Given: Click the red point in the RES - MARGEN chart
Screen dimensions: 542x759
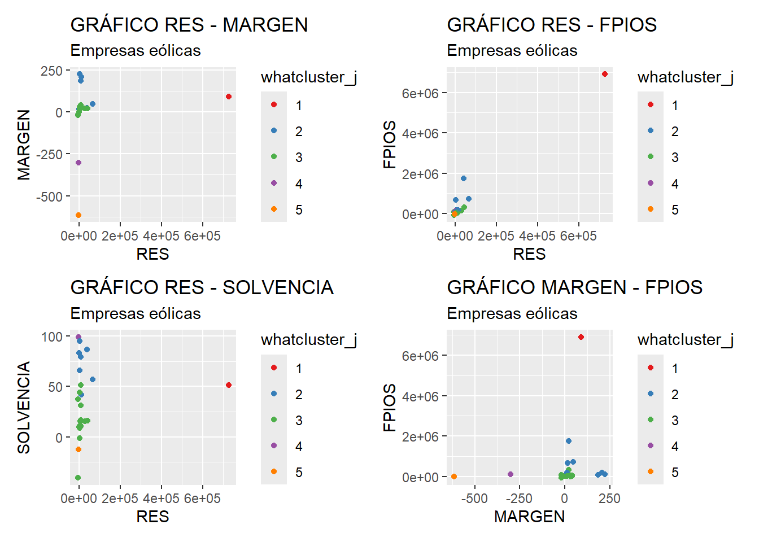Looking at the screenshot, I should pos(229,97).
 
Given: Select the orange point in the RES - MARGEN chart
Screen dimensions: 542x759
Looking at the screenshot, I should pos(78,215).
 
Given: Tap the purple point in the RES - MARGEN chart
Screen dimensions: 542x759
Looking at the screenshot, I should pos(78,163).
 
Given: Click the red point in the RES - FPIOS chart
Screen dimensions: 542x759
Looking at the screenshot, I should pos(605,74).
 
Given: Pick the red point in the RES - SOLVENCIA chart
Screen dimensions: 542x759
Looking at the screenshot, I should pos(229,385).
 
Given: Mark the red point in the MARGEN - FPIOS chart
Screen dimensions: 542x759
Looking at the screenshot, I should pos(581,337).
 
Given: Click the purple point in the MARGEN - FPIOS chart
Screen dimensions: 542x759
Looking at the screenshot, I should pos(511,474).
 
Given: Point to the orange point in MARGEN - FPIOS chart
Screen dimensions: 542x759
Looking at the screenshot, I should pos(454,477).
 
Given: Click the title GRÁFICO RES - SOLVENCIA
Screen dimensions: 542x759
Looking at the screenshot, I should pos(202,287).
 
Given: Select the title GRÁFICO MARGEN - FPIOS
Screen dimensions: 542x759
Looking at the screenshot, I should pos(574,287).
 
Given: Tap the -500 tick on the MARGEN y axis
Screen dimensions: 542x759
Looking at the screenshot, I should pos(49,196).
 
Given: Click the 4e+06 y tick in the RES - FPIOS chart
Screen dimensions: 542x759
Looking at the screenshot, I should pos(420,134).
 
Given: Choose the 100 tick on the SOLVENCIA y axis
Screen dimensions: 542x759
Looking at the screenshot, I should pos(52,336).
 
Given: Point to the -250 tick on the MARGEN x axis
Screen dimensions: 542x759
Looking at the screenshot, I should pos(519,499).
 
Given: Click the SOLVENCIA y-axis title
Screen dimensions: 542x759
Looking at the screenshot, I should pos(24,407).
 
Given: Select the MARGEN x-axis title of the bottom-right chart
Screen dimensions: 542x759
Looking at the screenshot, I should pos(529,517).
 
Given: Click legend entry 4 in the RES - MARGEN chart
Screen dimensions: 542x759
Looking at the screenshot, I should pos(298,183).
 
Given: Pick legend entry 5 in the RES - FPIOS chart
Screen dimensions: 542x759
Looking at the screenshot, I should pos(675,209).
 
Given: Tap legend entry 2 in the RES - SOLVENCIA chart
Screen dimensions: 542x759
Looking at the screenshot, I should pos(298,394).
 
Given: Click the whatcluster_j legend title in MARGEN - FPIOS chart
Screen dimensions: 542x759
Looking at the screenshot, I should pos(685,339).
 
